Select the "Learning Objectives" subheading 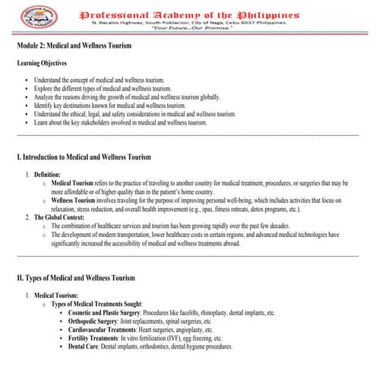click(45, 64)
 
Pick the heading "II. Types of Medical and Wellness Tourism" click(76, 278)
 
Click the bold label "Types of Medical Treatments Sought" click(96, 304)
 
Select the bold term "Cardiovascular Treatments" click(102, 330)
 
